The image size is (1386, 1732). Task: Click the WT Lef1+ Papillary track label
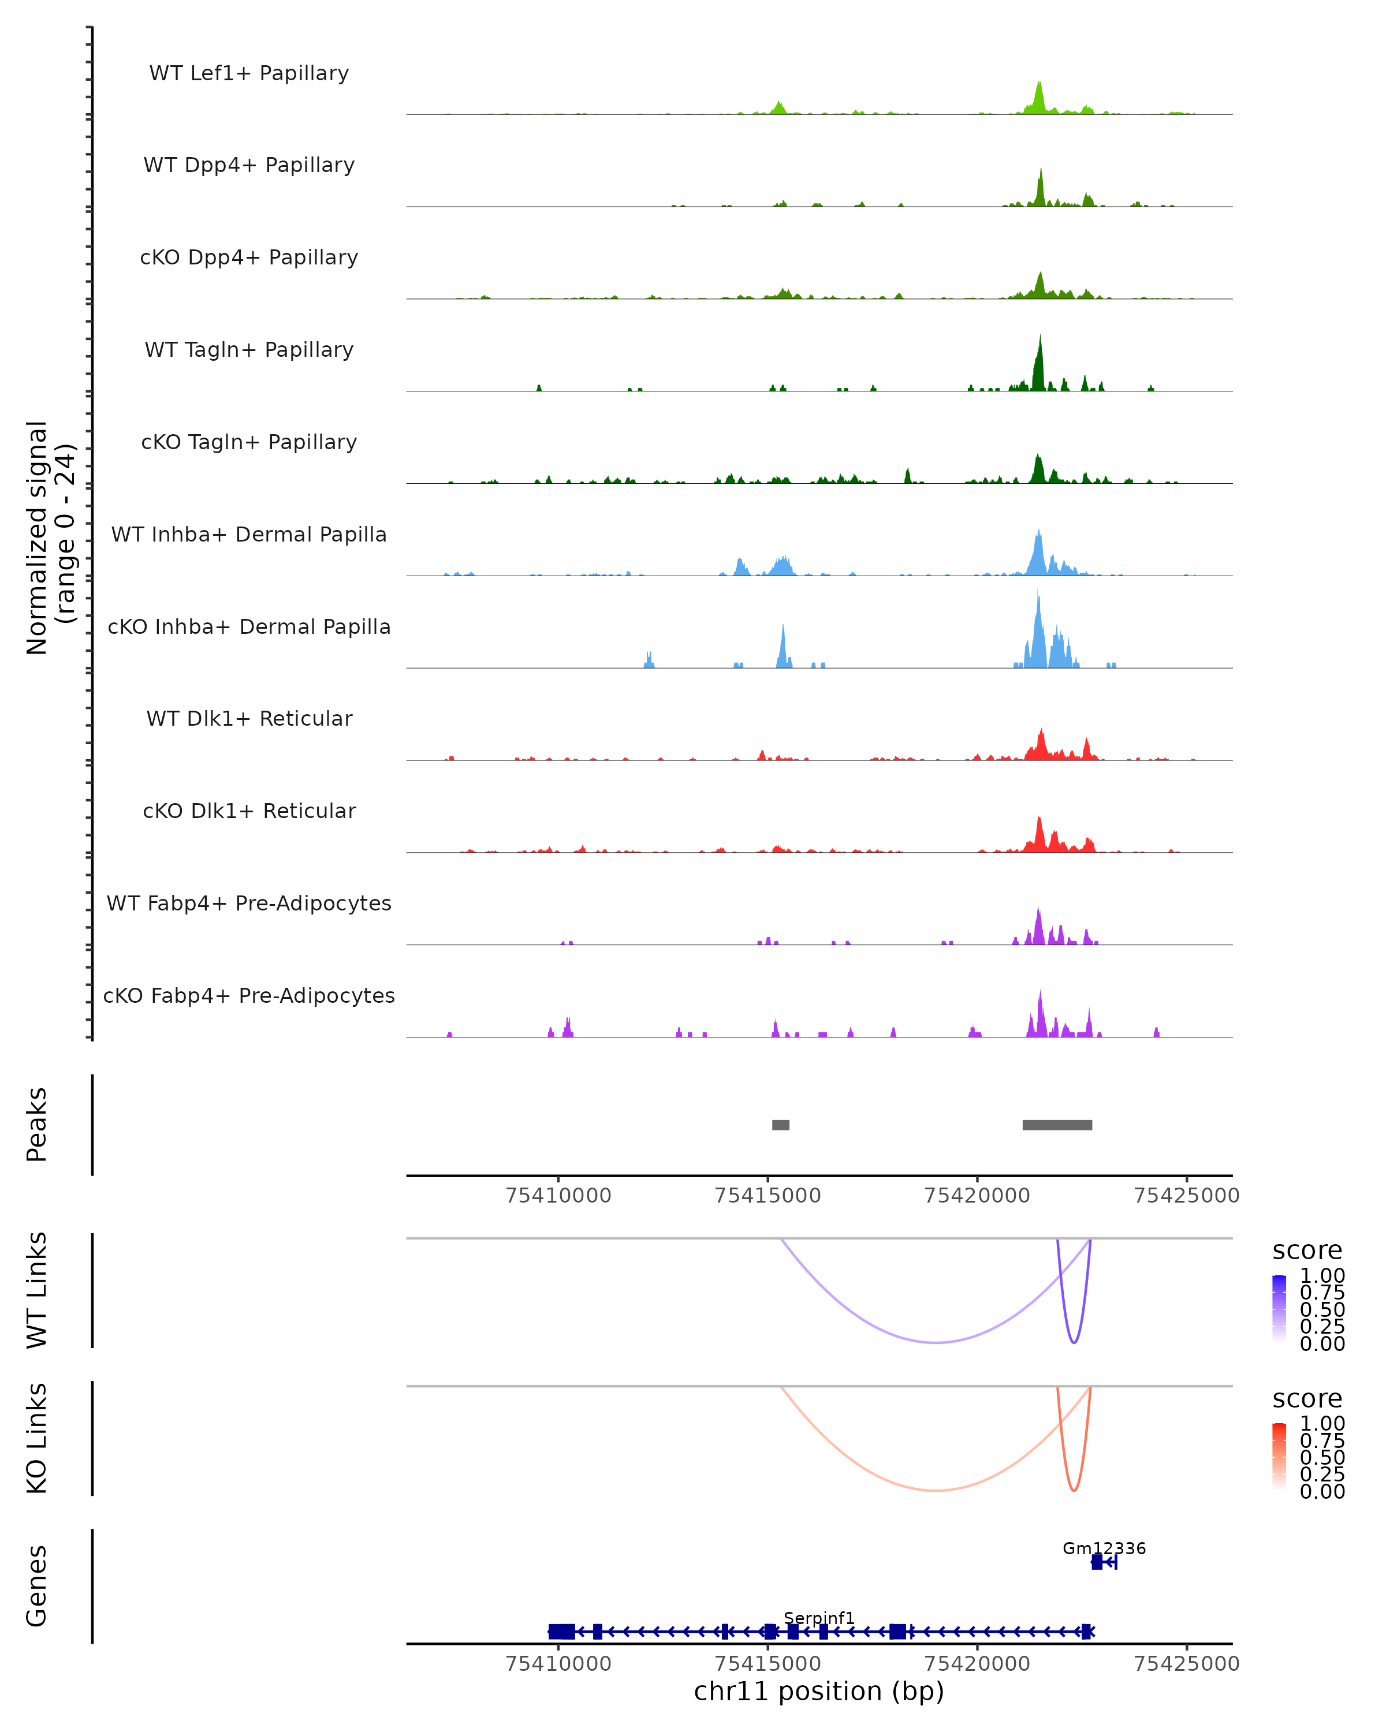pos(249,74)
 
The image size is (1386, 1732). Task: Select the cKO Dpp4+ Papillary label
pos(249,258)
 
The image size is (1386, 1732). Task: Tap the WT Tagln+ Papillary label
pos(249,350)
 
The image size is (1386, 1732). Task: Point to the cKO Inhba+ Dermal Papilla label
pos(249,628)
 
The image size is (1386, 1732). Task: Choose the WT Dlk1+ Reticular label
pos(249,719)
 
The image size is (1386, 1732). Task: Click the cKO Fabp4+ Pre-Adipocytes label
pos(249,996)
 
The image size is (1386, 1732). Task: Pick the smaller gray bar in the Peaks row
pos(780,1125)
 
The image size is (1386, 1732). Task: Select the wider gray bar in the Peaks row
pos(1057,1125)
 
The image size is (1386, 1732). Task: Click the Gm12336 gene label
pos(1104,1548)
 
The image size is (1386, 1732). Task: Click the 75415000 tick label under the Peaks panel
pos(767,1196)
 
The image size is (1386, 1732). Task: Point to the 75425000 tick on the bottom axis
pos(1186,1664)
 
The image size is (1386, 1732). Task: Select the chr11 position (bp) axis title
pos(819,1692)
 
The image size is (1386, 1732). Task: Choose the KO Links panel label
pos(37,1438)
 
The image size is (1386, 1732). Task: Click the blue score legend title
pos(1306,1251)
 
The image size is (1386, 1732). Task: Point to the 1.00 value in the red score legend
pos(1322,1424)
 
